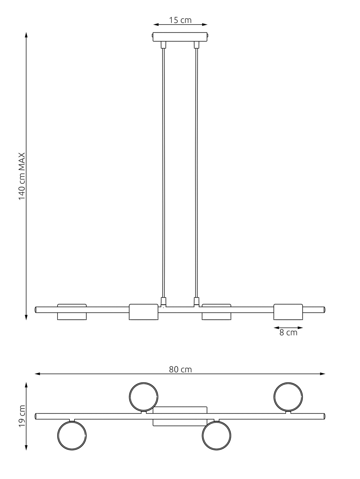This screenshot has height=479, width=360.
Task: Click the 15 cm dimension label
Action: click(180, 20)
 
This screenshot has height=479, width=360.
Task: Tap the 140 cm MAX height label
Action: click(22, 176)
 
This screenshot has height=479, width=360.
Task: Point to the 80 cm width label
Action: click(180, 369)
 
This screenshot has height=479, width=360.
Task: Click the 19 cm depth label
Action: click(22, 416)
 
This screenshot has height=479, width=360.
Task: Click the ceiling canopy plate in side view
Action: click(180, 37)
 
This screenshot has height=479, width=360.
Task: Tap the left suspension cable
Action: click(163, 173)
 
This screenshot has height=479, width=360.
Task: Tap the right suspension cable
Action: click(196, 173)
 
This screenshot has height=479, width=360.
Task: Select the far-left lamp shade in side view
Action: click(72, 312)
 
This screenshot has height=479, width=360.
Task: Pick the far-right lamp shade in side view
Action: click(288, 312)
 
